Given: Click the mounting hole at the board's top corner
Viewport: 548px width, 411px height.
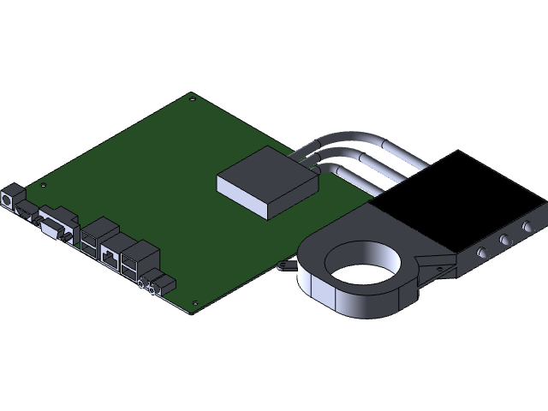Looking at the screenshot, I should pyautogui.click(x=190, y=98).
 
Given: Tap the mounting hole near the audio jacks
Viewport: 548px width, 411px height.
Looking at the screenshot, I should pyautogui.click(x=196, y=302).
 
